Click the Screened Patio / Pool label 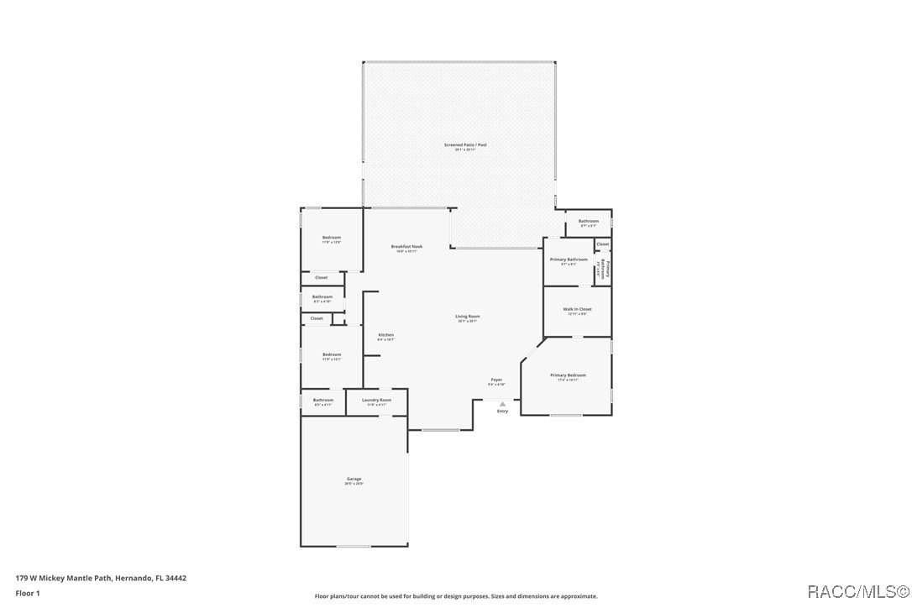(x=465, y=145)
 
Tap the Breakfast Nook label (x=406, y=247)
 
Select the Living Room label (x=468, y=317)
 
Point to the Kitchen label (x=385, y=335)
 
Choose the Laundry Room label (x=376, y=400)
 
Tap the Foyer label (x=496, y=380)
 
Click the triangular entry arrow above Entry (x=502, y=404)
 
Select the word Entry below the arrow (x=502, y=411)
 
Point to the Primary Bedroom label (x=568, y=375)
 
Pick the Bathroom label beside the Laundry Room (x=323, y=400)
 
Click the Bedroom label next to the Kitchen (x=332, y=354)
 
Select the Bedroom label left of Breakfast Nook (x=332, y=238)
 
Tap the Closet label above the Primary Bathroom (x=602, y=244)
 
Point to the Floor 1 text (x=28, y=593)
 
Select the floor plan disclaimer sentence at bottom (x=456, y=596)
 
